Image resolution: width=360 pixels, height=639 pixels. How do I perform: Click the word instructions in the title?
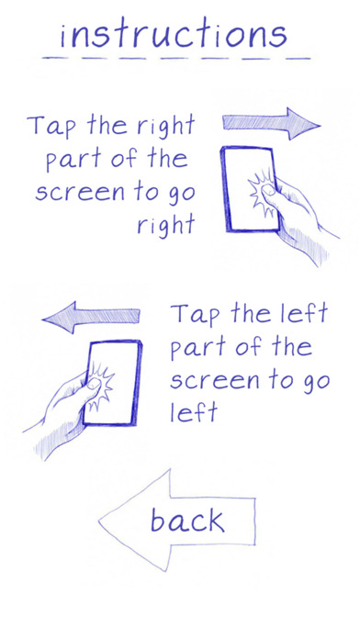[174, 35]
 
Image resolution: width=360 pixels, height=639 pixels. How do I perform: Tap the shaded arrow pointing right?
[271, 123]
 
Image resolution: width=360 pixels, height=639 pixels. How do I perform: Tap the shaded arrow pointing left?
[91, 317]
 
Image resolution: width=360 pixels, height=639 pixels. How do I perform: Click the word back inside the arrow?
[187, 521]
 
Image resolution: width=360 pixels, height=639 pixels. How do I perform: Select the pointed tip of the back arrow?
[99, 521]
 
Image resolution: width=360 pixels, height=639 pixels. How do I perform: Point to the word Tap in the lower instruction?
[196, 315]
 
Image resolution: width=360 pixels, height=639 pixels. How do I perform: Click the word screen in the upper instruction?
[79, 193]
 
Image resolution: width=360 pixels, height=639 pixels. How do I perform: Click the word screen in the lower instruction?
[215, 380]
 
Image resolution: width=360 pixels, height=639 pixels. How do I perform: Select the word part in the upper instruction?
[74, 160]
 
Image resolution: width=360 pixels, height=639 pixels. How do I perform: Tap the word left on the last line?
[193, 411]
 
